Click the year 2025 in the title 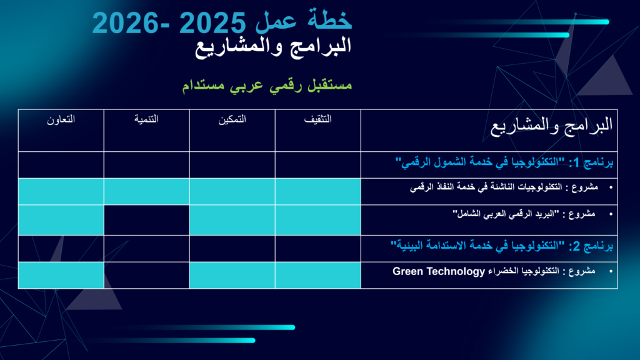(212, 23)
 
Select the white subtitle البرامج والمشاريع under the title (273, 47)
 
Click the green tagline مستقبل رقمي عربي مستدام (267, 85)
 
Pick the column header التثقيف (318, 119)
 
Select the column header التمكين (232, 119)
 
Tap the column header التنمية (146, 119)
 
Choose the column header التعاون (61, 119)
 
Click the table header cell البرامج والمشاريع (551, 125)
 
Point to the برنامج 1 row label (504, 162)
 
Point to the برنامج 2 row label (502, 246)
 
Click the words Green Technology (438, 271)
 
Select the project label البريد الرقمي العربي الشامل (524, 214)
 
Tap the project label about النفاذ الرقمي (504, 187)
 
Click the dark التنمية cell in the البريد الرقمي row (146, 220)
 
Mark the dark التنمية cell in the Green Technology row (146, 275)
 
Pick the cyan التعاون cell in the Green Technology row (61, 275)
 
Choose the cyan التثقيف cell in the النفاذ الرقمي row (318, 191)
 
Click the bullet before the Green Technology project (611, 271)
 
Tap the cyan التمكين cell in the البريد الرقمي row (232, 220)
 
